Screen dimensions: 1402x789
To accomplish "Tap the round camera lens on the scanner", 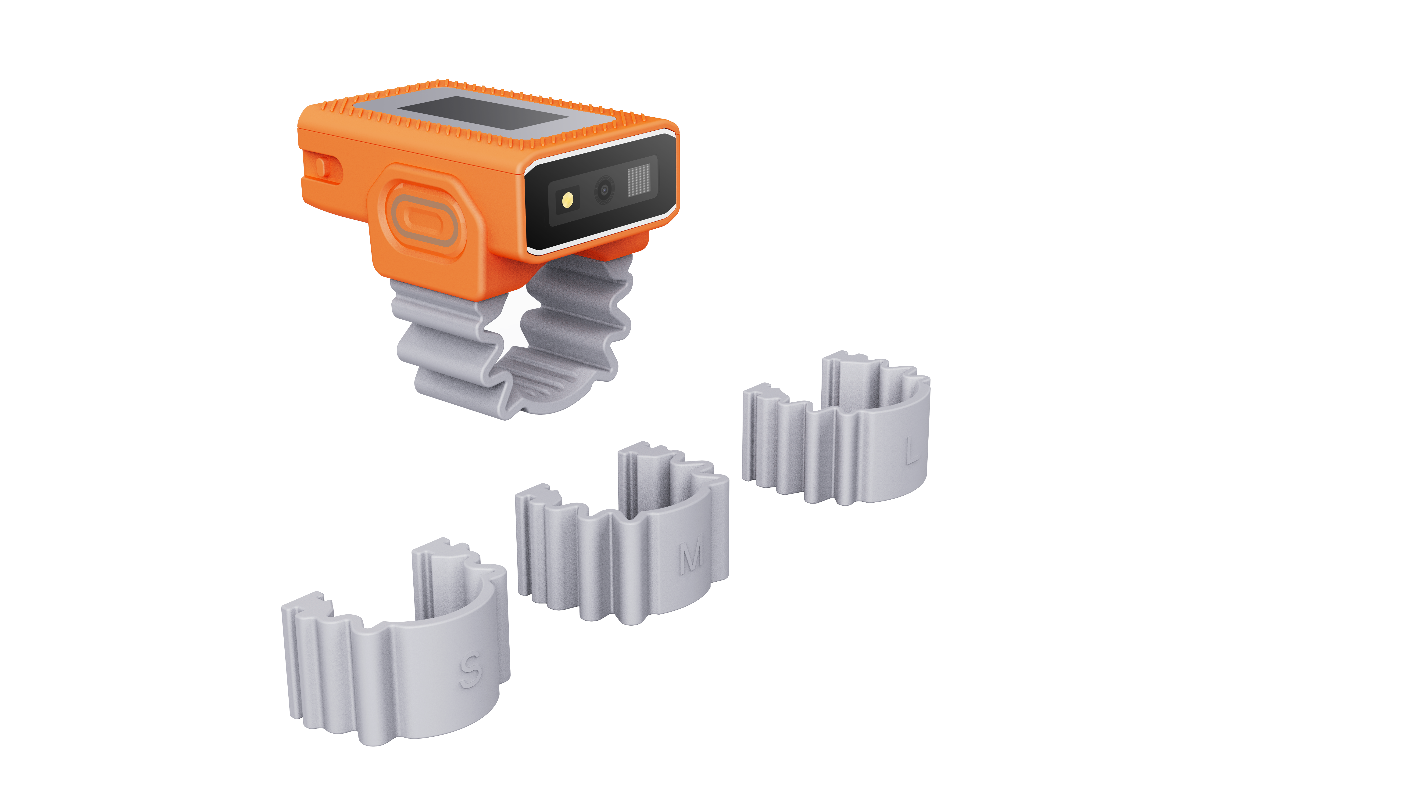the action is tap(604, 190).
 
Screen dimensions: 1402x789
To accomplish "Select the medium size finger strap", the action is tap(622, 536).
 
